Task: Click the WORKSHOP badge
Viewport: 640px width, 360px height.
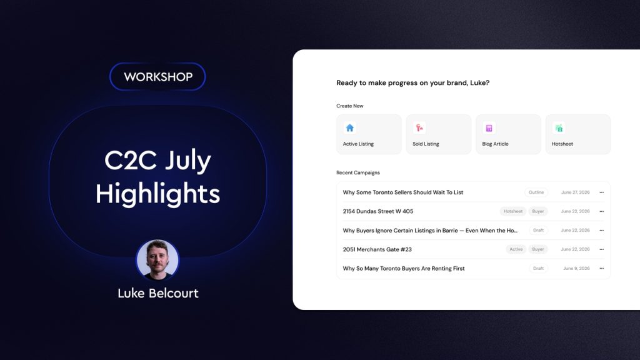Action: pos(157,76)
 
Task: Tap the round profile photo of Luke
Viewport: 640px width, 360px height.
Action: pos(157,259)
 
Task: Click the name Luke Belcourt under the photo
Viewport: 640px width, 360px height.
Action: pos(158,293)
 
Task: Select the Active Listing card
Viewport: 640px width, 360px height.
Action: pos(369,134)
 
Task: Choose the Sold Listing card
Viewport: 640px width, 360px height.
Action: pos(438,134)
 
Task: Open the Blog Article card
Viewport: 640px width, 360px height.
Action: pos(508,134)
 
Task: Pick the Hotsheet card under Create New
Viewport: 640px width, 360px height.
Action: pos(578,134)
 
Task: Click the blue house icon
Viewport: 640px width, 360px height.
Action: pos(350,128)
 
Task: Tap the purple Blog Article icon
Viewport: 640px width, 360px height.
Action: pos(489,128)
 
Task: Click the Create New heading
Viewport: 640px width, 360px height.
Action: pos(350,106)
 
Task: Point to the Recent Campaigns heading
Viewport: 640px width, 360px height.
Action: pos(358,172)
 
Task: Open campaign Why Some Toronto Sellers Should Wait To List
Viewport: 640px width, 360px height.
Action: pos(403,192)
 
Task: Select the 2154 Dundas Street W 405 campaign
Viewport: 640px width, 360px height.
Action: pos(378,211)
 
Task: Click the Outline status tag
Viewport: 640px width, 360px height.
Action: pos(536,192)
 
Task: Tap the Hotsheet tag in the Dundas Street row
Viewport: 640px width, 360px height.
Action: pos(513,211)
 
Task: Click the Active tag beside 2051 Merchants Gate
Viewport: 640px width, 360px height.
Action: pos(516,249)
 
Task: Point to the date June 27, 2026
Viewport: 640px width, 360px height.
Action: pos(576,192)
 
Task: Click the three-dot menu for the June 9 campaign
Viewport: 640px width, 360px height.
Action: pos(602,268)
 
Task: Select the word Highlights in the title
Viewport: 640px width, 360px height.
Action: pos(158,194)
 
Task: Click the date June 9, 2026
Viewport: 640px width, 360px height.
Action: pos(576,268)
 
